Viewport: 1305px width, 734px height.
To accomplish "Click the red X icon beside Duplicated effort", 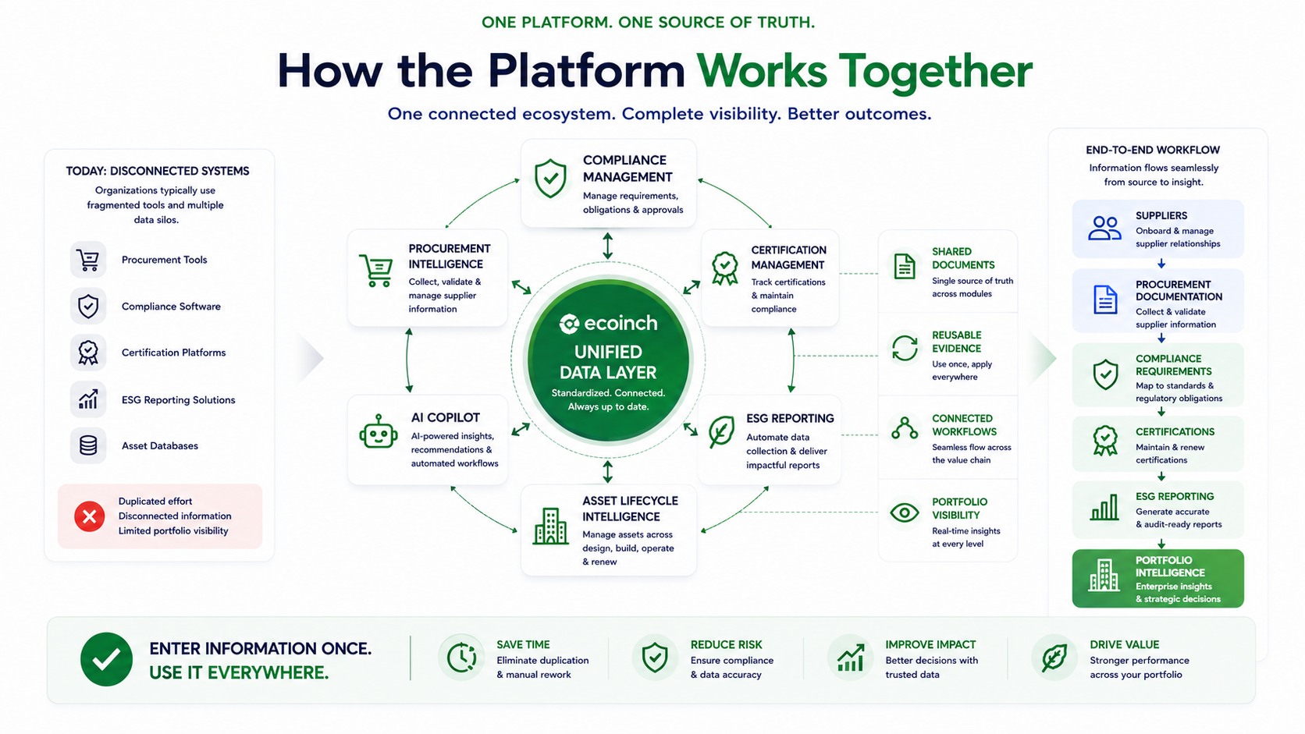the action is [x=89, y=516].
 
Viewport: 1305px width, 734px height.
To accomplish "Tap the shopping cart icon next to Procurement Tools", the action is [x=88, y=260].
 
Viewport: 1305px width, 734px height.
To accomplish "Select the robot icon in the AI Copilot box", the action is [x=378, y=432].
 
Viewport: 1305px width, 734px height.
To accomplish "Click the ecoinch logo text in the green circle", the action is [x=608, y=323].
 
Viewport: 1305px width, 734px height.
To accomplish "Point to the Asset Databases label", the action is [x=160, y=446].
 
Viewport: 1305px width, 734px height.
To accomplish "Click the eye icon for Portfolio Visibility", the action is [x=904, y=512].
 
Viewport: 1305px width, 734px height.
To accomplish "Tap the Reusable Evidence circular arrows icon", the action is [x=904, y=348].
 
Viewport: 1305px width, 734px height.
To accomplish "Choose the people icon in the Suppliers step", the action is [x=1104, y=229].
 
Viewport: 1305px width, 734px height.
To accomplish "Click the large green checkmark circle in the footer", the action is [x=106, y=659].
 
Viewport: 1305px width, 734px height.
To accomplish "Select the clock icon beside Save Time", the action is [x=461, y=658].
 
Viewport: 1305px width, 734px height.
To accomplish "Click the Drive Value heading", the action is [x=1125, y=644].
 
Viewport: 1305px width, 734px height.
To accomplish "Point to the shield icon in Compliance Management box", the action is [x=550, y=179].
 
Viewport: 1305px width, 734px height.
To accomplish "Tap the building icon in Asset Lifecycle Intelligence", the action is [x=550, y=527].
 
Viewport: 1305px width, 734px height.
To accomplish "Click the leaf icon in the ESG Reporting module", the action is [x=721, y=432].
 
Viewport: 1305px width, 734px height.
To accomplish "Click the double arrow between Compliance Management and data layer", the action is [x=608, y=246].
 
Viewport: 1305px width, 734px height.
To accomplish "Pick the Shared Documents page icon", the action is [x=904, y=266].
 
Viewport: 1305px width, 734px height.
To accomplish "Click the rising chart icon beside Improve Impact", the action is [x=850, y=658].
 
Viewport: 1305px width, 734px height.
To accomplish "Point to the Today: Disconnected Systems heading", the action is [x=158, y=171].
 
